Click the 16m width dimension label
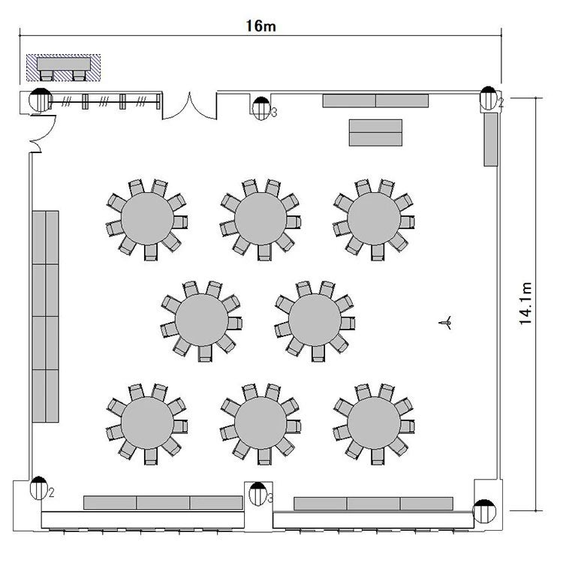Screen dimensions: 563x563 260,26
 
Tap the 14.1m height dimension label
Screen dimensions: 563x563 525,304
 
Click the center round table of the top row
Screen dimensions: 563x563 260,218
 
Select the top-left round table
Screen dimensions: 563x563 147,218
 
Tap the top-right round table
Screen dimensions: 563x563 374,218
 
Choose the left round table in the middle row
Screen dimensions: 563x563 201,321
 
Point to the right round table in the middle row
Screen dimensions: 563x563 315,321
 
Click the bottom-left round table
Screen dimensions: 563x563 147,423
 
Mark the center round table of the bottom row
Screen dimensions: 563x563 260,423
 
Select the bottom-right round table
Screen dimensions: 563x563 374,423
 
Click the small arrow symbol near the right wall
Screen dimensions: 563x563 445,323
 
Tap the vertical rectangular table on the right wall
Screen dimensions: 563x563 491,140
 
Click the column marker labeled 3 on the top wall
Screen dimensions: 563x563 261,108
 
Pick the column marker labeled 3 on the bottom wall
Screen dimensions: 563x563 257,494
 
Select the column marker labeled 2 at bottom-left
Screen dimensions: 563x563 39,488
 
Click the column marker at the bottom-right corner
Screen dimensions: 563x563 484,511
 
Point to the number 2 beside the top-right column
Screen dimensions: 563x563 501,103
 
